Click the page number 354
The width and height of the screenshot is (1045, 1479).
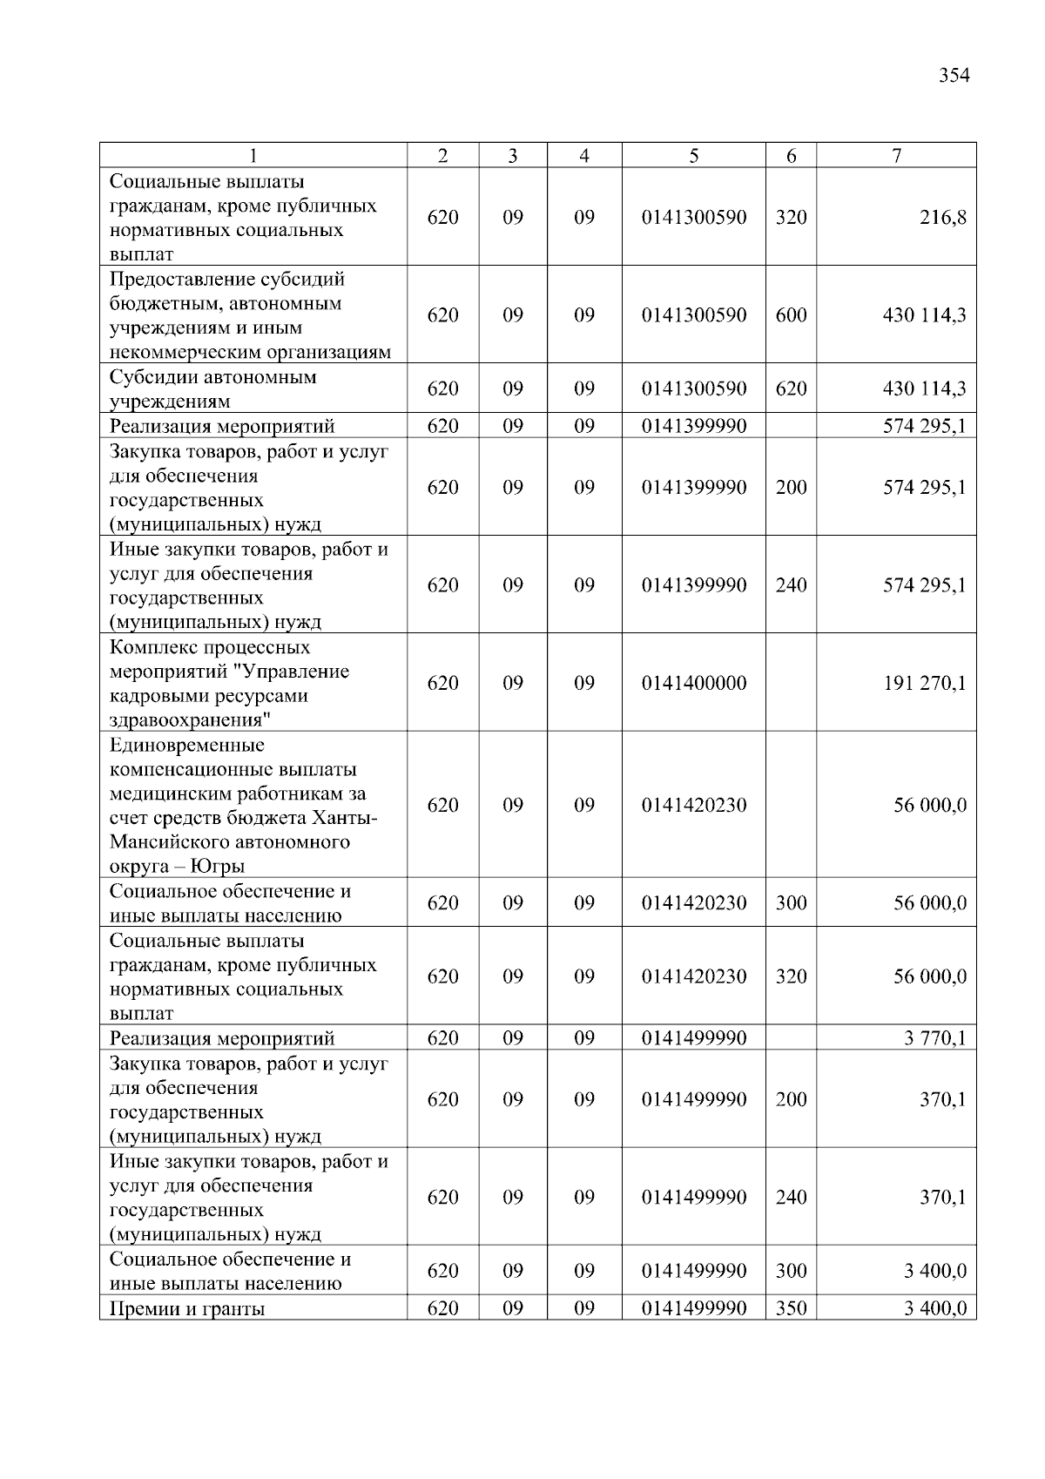pyautogui.click(x=954, y=76)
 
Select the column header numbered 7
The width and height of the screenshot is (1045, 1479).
pyautogui.click(x=896, y=156)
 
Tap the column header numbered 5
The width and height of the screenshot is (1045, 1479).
pyautogui.click(x=693, y=156)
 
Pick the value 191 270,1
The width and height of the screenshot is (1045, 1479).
pyautogui.click(x=925, y=683)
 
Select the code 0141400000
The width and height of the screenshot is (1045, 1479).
pyautogui.click(x=693, y=683)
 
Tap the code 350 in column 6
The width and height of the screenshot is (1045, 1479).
pyautogui.click(x=791, y=1308)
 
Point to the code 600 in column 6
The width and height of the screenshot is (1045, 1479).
pyautogui.click(x=791, y=315)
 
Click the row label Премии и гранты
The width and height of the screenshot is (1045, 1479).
pyautogui.click(x=187, y=1308)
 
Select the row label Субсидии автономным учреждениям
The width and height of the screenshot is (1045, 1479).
pyautogui.click(x=212, y=389)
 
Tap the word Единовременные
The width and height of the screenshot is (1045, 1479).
pyautogui.click(x=186, y=746)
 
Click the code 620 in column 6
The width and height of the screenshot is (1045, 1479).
pyautogui.click(x=791, y=389)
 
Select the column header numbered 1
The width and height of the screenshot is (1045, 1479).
pyautogui.click(x=253, y=156)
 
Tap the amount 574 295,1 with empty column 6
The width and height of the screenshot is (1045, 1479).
pyautogui.click(x=924, y=426)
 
